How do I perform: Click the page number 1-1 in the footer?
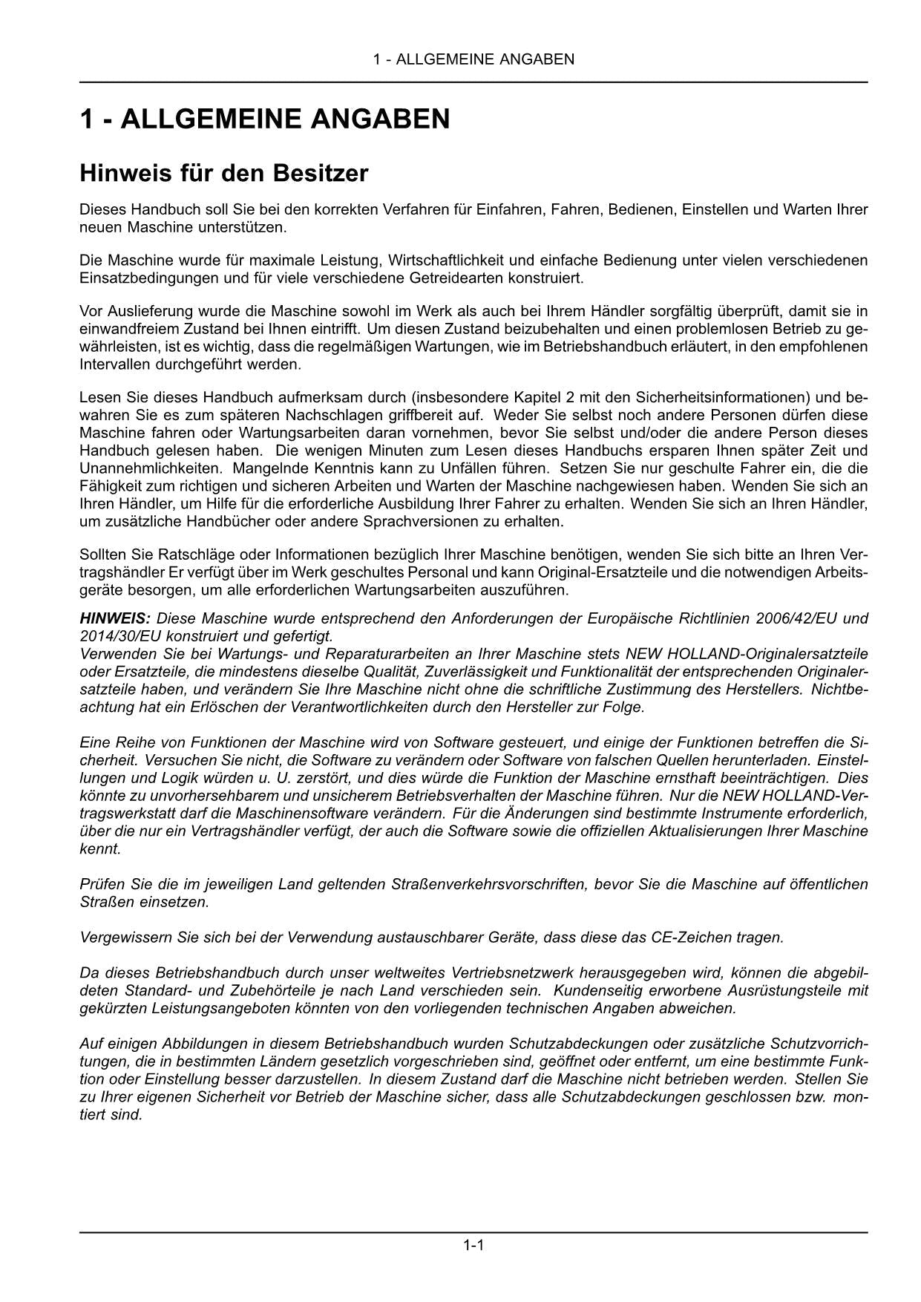coord(473,1245)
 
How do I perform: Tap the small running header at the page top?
coord(473,59)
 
